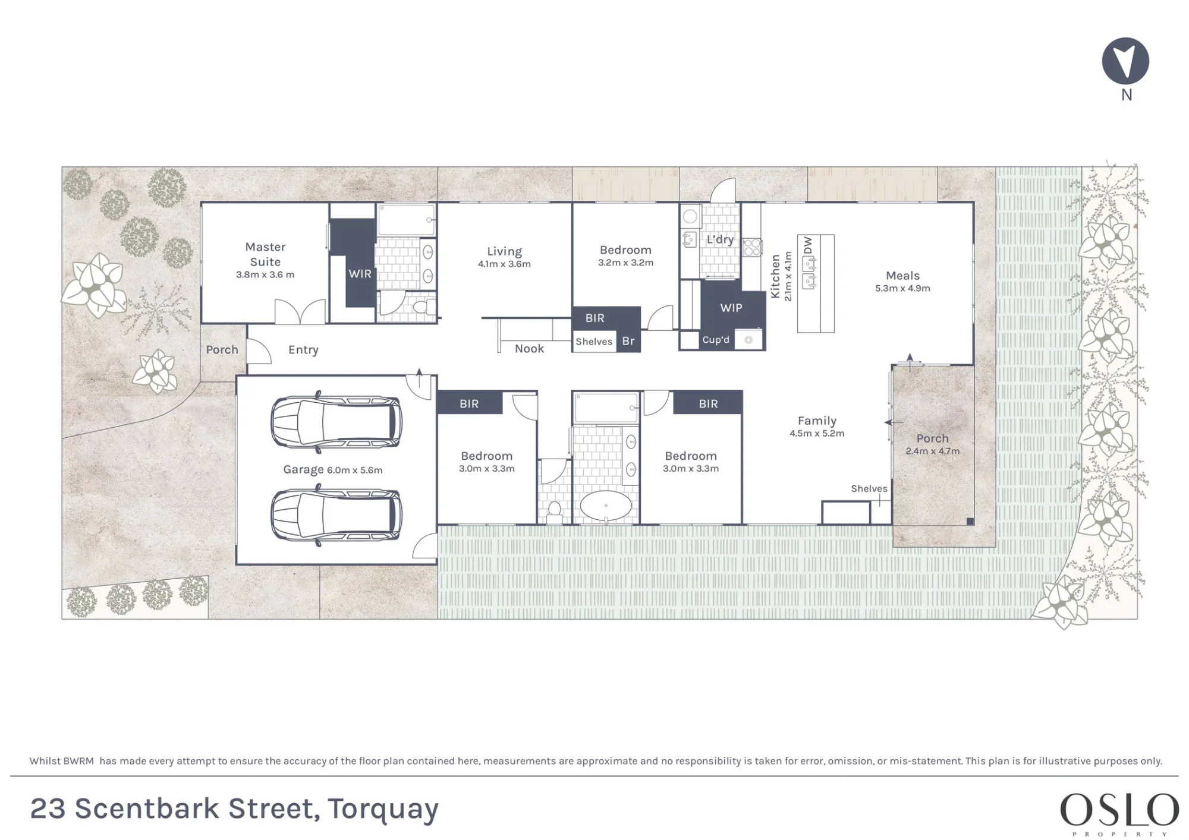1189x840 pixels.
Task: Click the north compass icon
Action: [x=1125, y=61]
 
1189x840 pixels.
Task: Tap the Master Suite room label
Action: [x=265, y=254]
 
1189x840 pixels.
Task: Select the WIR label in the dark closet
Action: [x=360, y=274]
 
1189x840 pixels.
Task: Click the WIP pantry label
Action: [x=731, y=308]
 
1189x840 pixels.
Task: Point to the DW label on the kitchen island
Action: [x=808, y=245]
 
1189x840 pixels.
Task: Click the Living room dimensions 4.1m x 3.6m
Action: [x=504, y=264]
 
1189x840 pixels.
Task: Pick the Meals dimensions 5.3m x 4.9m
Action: [x=902, y=288]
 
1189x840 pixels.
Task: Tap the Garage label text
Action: [x=303, y=469]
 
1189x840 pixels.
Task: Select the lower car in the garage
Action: [x=336, y=515]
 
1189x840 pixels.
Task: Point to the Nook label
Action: [x=529, y=349]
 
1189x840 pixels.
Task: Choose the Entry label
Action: [x=303, y=350]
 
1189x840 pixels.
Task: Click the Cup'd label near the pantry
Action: [x=716, y=340]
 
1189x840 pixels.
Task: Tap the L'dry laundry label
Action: [x=720, y=239]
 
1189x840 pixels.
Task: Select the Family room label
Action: [x=817, y=421]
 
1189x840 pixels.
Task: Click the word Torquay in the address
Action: [x=383, y=810]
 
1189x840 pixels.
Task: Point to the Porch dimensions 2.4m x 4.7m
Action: [x=932, y=451]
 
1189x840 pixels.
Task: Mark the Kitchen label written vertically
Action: [x=775, y=276]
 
